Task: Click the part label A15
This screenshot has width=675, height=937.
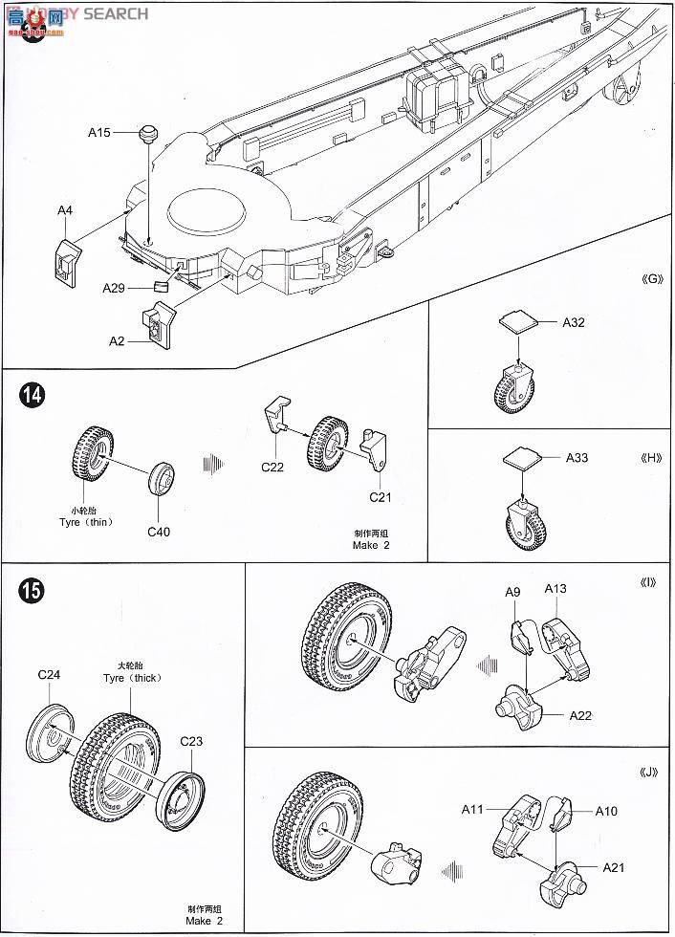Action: (99, 132)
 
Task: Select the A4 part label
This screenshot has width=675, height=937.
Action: (65, 209)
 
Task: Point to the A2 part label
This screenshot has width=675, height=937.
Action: (118, 340)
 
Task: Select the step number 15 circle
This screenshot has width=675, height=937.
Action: (31, 591)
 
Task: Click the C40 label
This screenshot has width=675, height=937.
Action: (159, 531)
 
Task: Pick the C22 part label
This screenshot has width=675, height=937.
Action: (272, 468)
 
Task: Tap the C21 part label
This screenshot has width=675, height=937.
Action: (381, 497)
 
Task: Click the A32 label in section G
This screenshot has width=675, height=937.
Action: (573, 322)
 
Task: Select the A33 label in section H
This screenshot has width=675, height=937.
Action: (577, 458)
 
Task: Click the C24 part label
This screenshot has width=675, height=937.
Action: (50, 674)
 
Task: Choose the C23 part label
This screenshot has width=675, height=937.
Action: (191, 740)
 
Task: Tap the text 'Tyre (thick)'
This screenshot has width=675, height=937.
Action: (132, 677)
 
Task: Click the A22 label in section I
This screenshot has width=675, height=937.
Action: (580, 714)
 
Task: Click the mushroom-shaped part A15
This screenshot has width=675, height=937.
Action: (147, 132)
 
